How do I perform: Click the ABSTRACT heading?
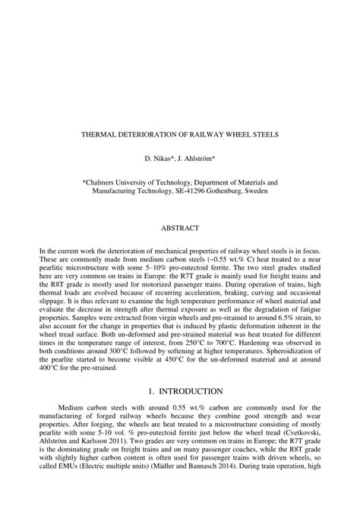(180, 227)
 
